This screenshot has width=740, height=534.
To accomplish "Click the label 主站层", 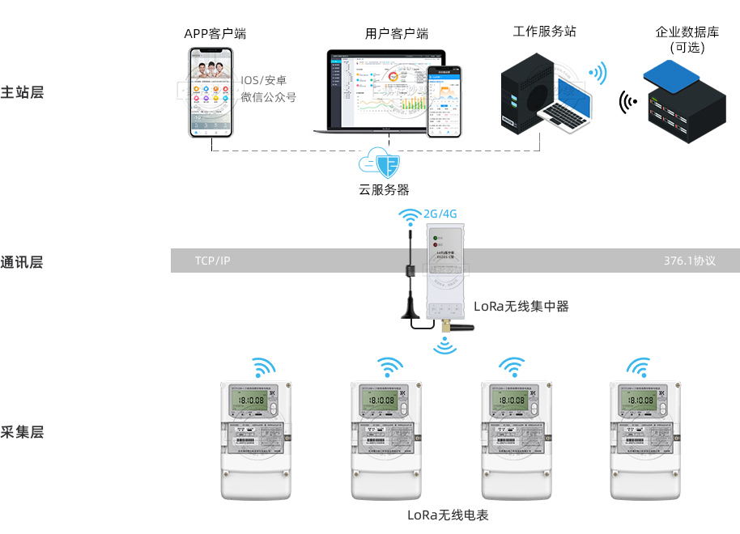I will (x=22, y=91).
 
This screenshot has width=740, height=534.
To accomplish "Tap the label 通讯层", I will (x=22, y=261).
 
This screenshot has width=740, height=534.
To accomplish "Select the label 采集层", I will (x=22, y=431).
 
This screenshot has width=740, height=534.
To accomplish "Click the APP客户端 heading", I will (x=215, y=34).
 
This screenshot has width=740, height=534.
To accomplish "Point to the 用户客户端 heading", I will (x=397, y=34).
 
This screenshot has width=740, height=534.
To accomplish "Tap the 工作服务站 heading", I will (x=545, y=32).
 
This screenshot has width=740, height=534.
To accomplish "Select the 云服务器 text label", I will (x=384, y=190).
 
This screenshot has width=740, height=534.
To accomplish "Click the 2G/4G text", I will (x=440, y=214).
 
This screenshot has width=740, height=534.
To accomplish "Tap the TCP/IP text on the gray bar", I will (x=212, y=261).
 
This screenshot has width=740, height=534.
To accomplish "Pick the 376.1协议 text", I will (x=690, y=261).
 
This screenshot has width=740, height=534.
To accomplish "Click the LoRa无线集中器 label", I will (x=521, y=306).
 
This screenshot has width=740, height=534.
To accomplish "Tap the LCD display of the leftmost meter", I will (x=253, y=400).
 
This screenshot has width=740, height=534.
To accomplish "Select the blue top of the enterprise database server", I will (x=670, y=78).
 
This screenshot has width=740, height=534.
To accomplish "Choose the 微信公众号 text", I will (x=269, y=97).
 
